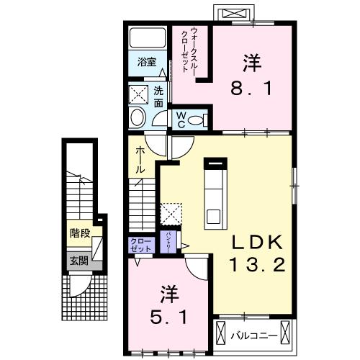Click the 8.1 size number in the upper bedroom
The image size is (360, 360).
click(x=251, y=87)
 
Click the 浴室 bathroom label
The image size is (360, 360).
click(x=147, y=63)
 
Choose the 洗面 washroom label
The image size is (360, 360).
click(x=159, y=97)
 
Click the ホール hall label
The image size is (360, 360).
click(x=141, y=158)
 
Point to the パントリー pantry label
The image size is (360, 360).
click(x=168, y=240)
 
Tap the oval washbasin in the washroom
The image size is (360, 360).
click(x=137, y=117)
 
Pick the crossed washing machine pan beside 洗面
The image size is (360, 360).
click(x=138, y=94)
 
